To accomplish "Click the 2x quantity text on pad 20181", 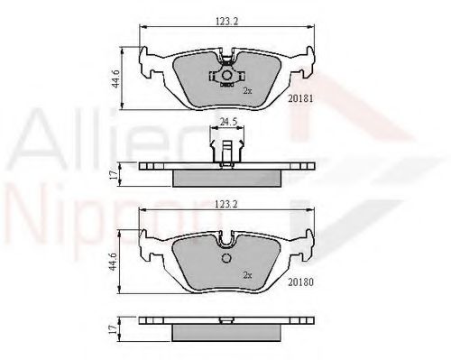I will (x=246, y=91).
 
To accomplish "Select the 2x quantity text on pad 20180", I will (x=246, y=274).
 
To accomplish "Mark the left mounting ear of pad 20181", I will (x=148, y=61).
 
